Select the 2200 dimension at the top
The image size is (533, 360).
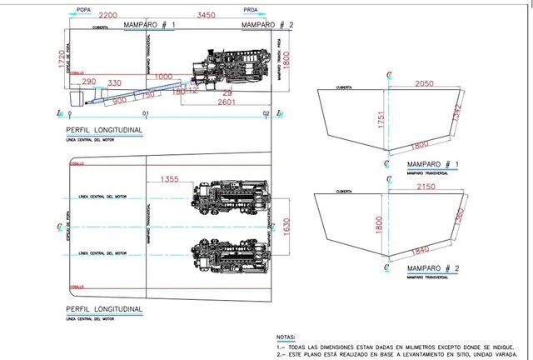click(107, 17)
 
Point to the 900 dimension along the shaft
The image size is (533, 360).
click(120, 100)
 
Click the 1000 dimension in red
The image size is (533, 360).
click(162, 76)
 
